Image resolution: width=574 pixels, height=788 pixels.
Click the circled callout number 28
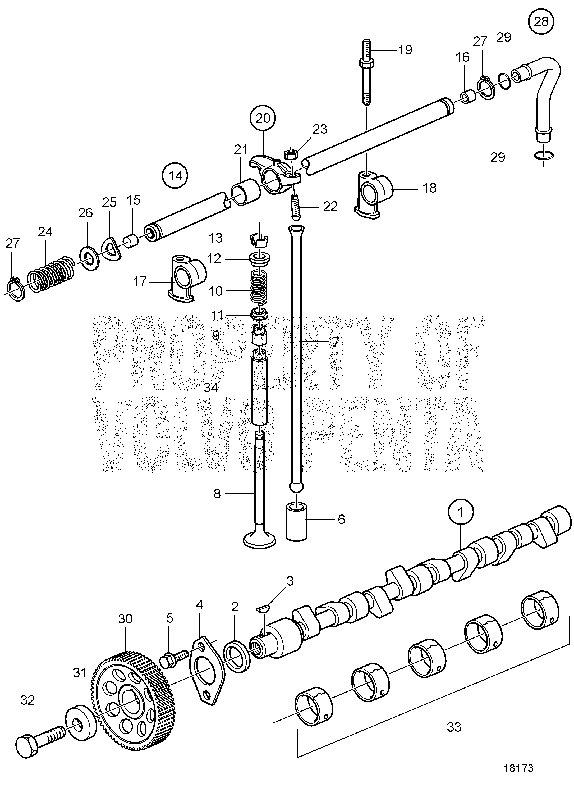tap(541, 22)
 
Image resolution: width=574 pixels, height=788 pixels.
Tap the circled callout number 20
tap(263, 119)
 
